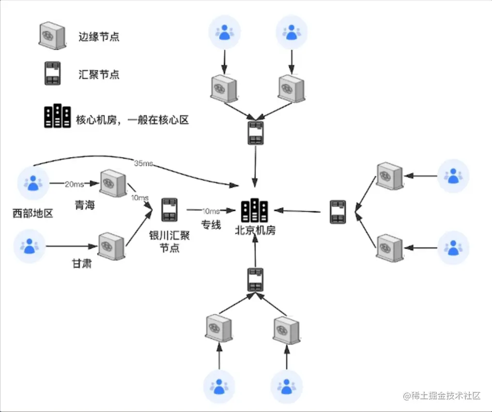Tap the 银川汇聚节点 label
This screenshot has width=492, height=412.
click(169, 242)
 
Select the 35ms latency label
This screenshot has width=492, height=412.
click(143, 163)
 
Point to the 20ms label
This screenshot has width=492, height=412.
click(74, 183)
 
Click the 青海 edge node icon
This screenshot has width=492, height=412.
click(112, 183)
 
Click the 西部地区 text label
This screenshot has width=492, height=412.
click(33, 213)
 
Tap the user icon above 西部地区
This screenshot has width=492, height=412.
click(33, 183)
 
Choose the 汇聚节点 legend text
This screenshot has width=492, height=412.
click(99, 75)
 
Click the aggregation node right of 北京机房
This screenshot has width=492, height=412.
click(338, 212)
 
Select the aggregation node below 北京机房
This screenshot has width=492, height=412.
click(256, 279)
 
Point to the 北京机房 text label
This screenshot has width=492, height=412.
click(255, 230)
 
